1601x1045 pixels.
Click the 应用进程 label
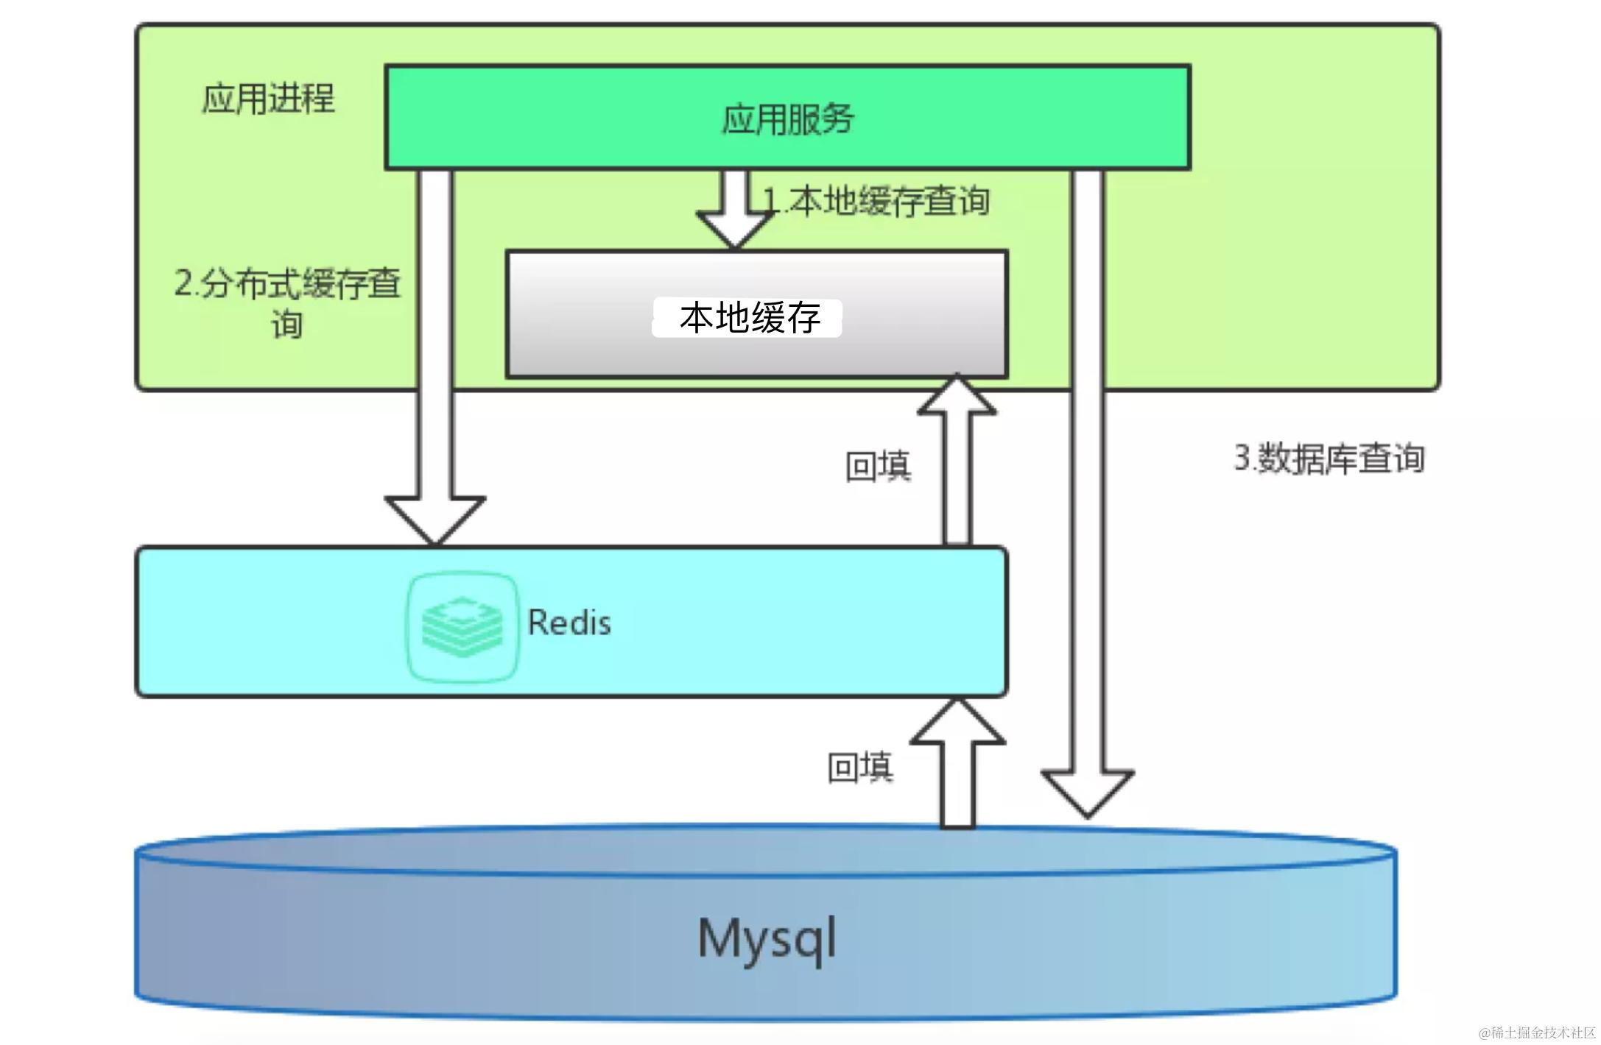click(268, 99)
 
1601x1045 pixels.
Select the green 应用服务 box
click(787, 118)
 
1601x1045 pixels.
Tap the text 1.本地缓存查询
click(876, 201)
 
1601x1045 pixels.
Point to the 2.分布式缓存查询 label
click(287, 302)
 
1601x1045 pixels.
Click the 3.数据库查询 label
click(1329, 458)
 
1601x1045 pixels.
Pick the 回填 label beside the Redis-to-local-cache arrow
click(878, 466)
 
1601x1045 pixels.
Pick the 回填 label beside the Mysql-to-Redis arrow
click(860, 767)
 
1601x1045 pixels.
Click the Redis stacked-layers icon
click(462, 626)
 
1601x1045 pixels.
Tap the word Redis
click(569, 623)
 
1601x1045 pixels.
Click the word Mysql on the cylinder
click(767, 938)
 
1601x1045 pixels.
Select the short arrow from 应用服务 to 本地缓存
click(735, 209)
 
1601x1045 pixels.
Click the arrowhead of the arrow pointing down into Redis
click(434, 519)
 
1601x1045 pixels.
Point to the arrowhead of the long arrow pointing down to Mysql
click(1087, 792)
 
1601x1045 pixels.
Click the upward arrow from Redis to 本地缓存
click(957, 464)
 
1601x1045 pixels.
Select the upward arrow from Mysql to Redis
click(957, 765)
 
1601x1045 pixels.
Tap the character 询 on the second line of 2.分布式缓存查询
click(287, 324)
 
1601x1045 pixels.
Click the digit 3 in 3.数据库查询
click(1242, 458)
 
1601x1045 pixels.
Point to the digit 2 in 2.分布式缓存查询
click(183, 283)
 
